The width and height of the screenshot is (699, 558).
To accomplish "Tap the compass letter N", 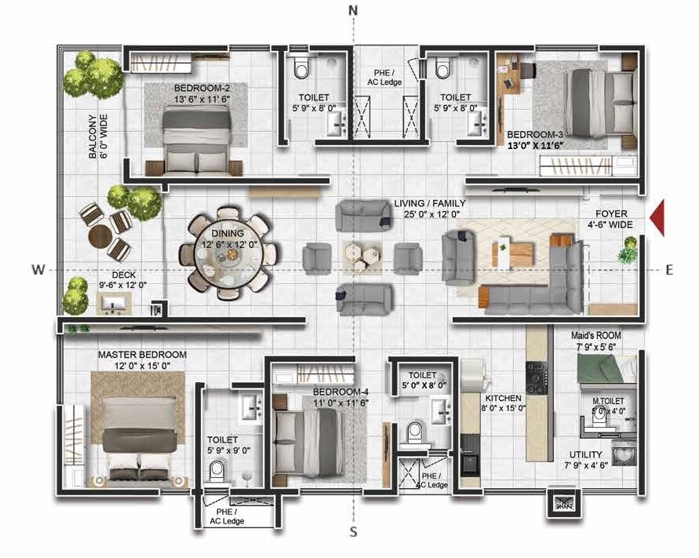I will click(353, 10).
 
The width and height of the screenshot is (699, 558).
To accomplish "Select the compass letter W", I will click(37, 269).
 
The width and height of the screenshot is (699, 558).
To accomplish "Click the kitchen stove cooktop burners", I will click(537, 377).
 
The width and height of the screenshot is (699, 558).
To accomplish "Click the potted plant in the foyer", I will click(627, 253).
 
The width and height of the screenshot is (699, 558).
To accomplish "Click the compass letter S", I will click(353, 531).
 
